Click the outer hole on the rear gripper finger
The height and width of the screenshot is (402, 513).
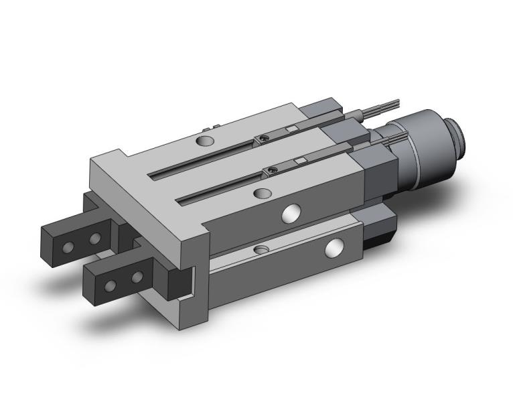click(x=68, y=247)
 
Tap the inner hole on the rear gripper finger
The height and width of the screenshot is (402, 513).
click(x=94, y=238)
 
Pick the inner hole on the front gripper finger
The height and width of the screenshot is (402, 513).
click(x=137, y=275)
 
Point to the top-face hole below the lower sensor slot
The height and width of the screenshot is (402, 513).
click(x=261, y=194)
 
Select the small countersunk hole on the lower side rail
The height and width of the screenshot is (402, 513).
click(x=260, y=249)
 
